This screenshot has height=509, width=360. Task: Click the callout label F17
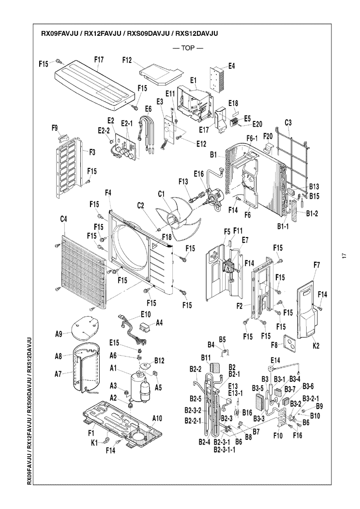[x=99, y=60]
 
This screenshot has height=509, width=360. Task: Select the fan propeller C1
[x=178, y=221]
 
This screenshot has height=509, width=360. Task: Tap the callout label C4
[x=63, y=219]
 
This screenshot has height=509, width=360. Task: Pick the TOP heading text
[x=188, y=48]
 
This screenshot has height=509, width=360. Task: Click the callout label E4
[x=231, y=66]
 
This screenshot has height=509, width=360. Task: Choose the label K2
[x=316, y=346]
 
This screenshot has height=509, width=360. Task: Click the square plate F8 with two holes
[x=291, y=344]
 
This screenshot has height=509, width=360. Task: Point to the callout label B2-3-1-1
[x=225, y=449]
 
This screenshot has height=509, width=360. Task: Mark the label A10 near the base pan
[x=157, y=418]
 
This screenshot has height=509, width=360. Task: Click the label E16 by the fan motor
[x=199, y=174]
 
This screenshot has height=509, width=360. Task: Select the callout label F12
[x=127, y=60]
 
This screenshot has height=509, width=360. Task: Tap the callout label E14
[x=275, y=360]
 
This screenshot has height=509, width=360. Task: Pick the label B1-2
[x=312, y=213]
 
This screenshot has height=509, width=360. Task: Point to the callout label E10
[x=146, y=314]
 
